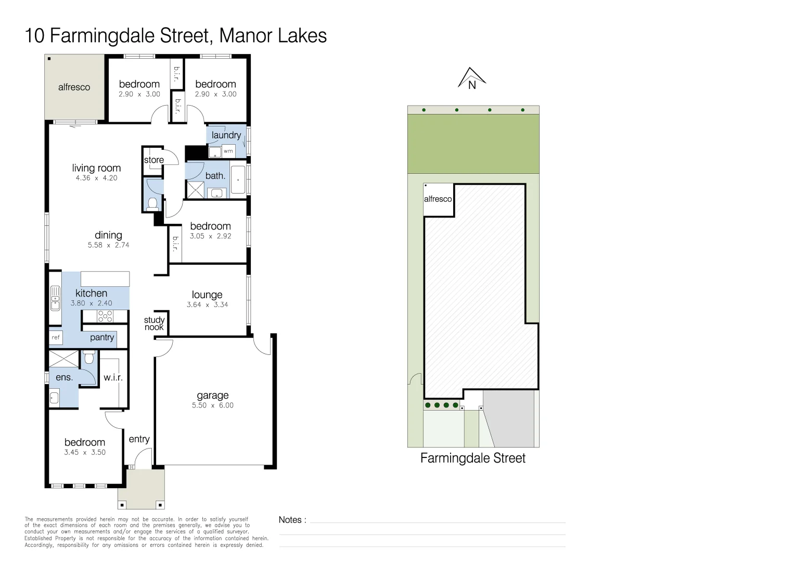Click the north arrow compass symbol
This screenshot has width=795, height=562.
[472, 79]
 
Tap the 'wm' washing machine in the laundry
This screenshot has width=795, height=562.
[228, 151]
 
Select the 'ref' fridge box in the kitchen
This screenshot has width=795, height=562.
[56, 338]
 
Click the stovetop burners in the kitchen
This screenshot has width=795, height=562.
[105, 316]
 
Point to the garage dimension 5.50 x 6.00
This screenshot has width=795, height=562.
[213, 405]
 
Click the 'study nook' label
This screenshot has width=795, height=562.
[154, 324]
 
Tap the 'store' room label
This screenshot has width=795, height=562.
[154, 160]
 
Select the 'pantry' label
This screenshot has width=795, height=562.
[102, 337]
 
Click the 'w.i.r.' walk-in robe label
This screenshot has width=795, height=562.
[113, 377]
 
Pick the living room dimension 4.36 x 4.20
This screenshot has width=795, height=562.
[97, 178]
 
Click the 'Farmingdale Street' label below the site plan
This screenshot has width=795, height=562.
[472, 458]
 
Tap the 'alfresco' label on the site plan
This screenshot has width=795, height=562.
[438, 199]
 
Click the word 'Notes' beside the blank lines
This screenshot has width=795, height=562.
[290, 520]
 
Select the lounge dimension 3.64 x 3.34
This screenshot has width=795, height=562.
[207, 305]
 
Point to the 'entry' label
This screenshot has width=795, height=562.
[139, 439]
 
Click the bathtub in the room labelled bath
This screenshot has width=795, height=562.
[238, 180]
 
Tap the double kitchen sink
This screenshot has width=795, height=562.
[55, 298]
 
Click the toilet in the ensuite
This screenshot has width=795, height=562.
[89, 357]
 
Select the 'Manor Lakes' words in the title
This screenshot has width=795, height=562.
[273, 36]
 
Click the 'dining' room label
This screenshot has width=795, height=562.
[108, 235]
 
